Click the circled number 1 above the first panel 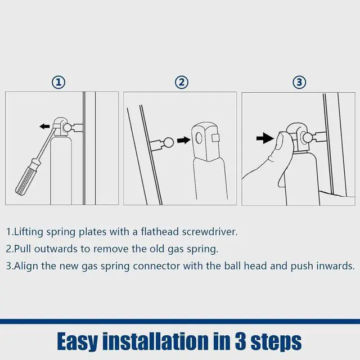click(x=58, y=82)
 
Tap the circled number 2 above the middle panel click(x=182, y=82)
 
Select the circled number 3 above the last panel click(x=299, y=82)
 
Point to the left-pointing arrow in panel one click(x=44, y=126)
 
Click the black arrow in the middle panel click(x=184, y=140)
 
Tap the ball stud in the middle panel click(x=169, y=143)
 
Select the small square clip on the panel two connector click(x=216, y=138)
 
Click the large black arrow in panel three click(x=265, y=138)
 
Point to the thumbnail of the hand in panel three click(x=280, y=141)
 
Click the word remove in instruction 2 click(x=111, y=249)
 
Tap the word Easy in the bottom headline click(x=78, y=342)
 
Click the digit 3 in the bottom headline click(x=241, y=341)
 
